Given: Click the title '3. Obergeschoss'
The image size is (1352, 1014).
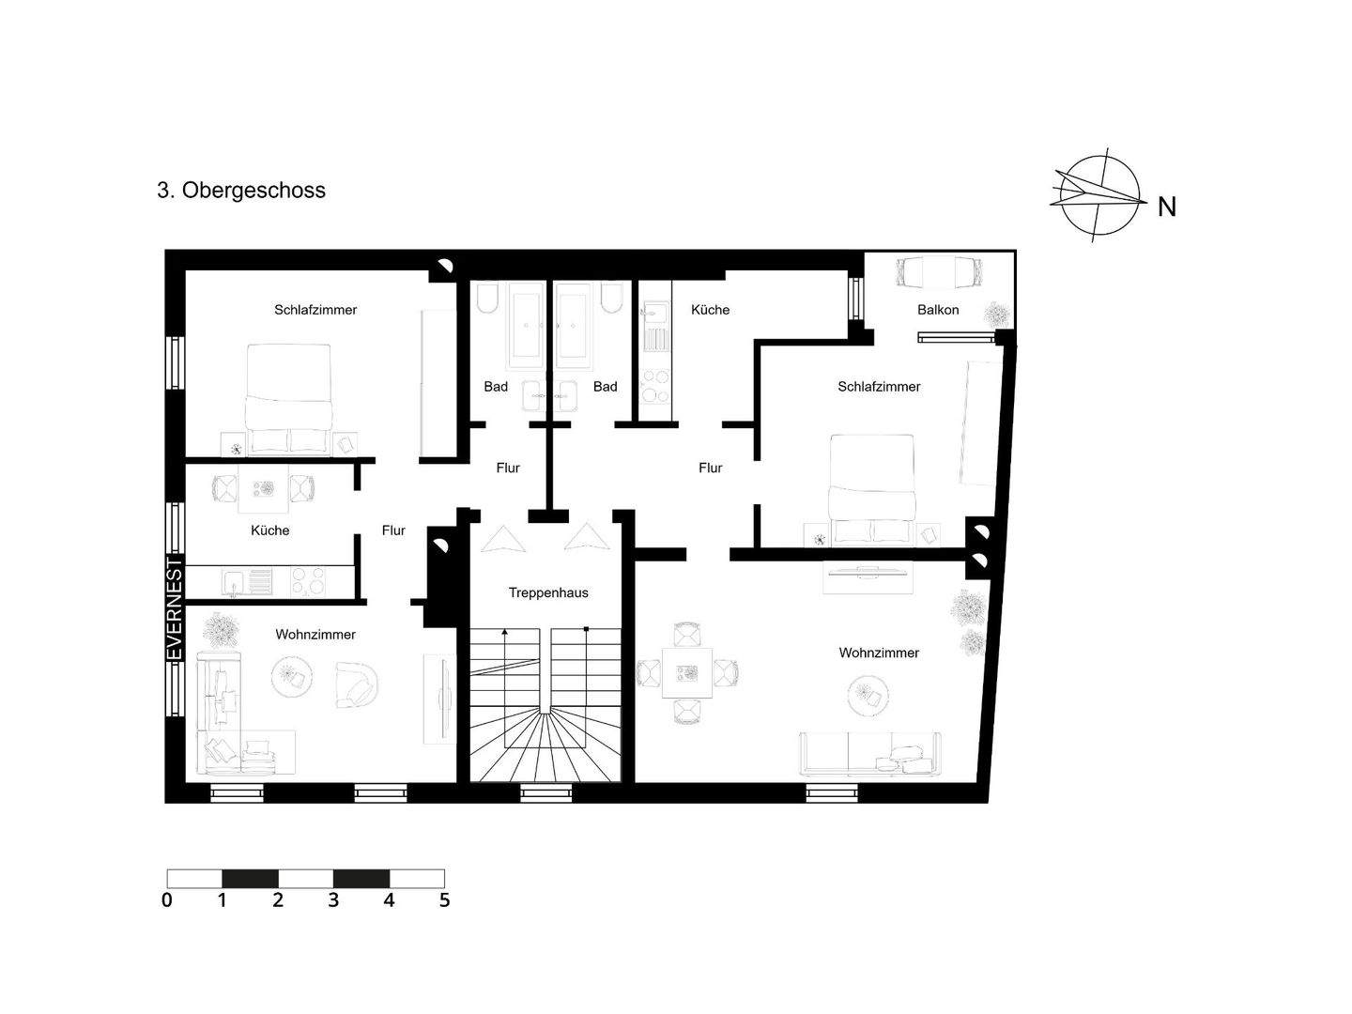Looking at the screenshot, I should (241, 191).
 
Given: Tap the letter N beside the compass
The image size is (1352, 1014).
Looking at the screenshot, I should (1166, 207).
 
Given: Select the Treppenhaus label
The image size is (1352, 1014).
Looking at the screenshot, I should (548, 592).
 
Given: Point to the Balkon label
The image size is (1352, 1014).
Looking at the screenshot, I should (938, 310).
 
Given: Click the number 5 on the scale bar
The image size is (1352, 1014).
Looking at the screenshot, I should (444, 900).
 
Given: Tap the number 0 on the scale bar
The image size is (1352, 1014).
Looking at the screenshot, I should (167, 900).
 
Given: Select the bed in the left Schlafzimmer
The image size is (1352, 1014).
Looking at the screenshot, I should (288, 398).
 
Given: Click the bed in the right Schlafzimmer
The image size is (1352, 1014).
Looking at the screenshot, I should (872, 488).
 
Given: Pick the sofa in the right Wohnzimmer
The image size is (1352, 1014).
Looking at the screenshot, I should (869, 754).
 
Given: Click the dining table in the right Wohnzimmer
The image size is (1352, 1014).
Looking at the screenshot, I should (687, 673).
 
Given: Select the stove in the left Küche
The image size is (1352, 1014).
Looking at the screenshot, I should (309, 581).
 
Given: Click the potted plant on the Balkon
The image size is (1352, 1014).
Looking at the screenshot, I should (995, 313).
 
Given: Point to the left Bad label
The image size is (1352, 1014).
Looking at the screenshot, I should (496, 387).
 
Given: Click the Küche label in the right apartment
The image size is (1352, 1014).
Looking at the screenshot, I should (710, 310).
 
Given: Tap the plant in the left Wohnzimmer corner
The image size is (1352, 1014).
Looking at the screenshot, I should (222, 630).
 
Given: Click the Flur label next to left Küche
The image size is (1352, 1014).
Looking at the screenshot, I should (393, 530).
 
